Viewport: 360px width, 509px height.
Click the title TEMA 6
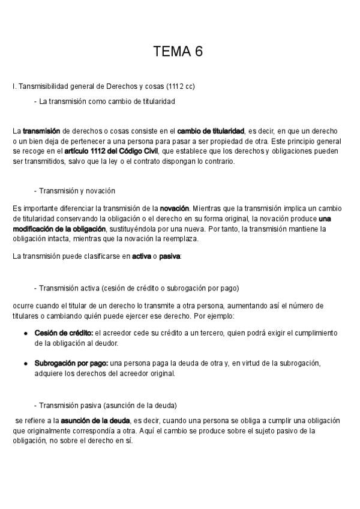(178, 52)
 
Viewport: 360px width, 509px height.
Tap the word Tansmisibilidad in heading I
(45, 86)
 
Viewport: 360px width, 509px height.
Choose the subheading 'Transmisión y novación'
(77, 191)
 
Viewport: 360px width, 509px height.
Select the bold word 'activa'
(141, 257)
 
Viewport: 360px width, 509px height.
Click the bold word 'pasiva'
(169, 257)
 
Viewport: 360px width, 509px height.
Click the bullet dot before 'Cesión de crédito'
(26, 333)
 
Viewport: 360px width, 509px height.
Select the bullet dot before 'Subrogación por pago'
(26, 364)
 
